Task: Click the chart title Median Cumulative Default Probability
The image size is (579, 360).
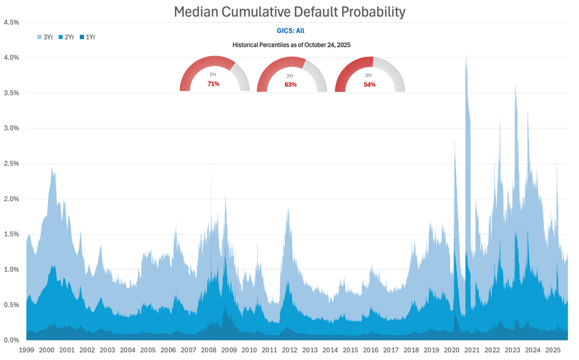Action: pos(289,11)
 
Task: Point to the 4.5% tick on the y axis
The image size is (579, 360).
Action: pos(12,23)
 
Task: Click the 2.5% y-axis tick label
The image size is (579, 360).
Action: pos(12,164)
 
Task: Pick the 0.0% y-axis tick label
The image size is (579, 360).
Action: pos(12,340)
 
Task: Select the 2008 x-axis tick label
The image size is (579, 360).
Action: pos(209,350)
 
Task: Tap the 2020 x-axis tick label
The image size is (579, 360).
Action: pos(451,350)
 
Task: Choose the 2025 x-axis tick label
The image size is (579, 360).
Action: pos(552,350)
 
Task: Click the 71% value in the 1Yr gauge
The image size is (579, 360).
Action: pos(213,84)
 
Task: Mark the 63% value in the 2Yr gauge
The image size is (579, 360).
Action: pos(291,84)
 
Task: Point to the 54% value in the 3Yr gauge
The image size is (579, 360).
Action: pos(370,84)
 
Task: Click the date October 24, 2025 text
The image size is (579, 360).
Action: pos(327,45)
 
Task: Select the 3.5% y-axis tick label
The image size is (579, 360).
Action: pos(12,93)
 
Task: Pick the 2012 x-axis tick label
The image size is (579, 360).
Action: pos(289,350)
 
